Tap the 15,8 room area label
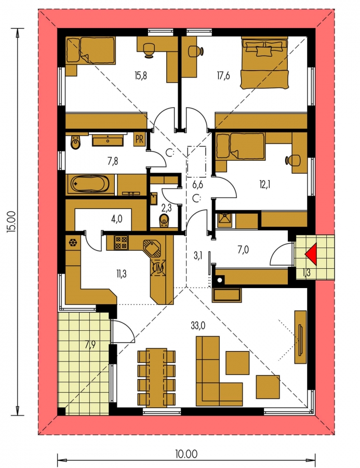(140, 76)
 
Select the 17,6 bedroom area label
(223, 76)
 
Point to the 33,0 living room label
(198, 326)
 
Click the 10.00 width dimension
(186, 454)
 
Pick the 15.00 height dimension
(11, 221)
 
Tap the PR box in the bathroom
(139, 139)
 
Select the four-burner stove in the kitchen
(122, 242)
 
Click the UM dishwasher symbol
(158, 268)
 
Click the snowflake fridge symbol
(73, 243)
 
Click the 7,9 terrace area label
(90, 345)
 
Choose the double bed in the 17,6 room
(265, 63)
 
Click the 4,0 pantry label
(116, 219)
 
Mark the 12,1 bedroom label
(264, 185)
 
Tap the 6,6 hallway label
(197, 185)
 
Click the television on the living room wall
(300, 337)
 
